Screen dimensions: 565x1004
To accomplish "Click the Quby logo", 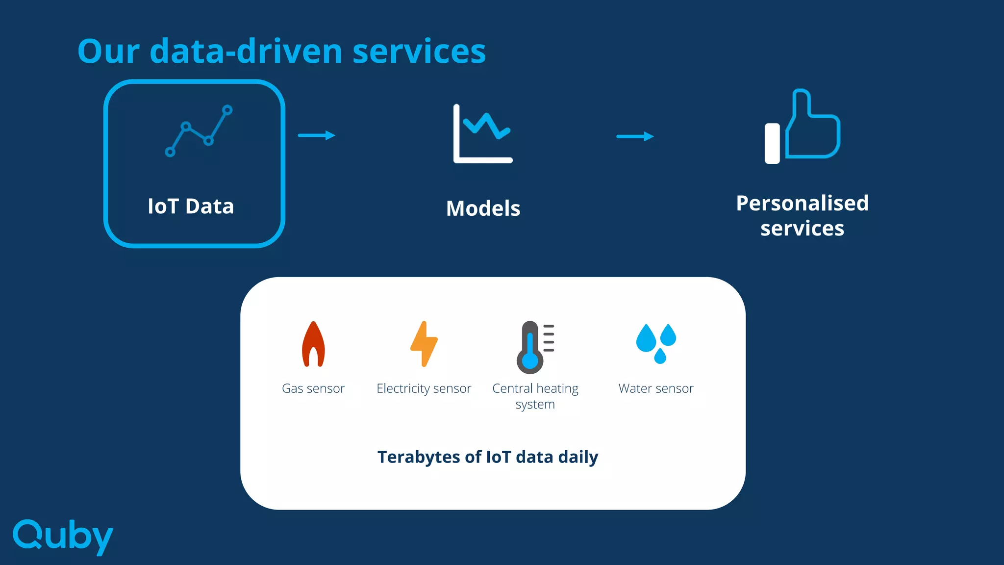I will (x=63, y=536).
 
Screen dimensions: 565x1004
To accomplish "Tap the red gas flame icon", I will (x=313, y=344).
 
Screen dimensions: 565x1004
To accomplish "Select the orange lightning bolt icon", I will (x=424, y=344).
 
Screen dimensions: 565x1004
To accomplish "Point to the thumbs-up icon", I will (x=803, y=127).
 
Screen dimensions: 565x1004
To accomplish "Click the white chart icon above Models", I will (x=483, y=133).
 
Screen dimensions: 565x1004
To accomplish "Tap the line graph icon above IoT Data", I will (x=199, y=131).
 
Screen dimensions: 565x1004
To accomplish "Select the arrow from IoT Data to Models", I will (x=317, y=135).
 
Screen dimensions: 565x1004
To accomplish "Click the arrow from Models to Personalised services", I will (x=635, y=136).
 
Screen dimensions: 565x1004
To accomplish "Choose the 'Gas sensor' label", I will (x=313, y=388).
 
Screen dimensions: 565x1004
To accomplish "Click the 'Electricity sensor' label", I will (x=424, y=388).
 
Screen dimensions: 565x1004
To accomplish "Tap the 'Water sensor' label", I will (x=656, y=388).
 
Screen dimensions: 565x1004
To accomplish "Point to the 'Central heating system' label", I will (x=535, y=396).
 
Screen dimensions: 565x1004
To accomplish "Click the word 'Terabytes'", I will (x=419, y=457).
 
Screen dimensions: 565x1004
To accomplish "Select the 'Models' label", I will (x=483, y=208).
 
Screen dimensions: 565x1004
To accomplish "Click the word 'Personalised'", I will (x=803, y=203).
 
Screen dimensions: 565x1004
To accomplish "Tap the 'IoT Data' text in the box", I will (x=191, y=206).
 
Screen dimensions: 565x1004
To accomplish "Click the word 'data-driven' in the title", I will (x=246, y=51).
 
